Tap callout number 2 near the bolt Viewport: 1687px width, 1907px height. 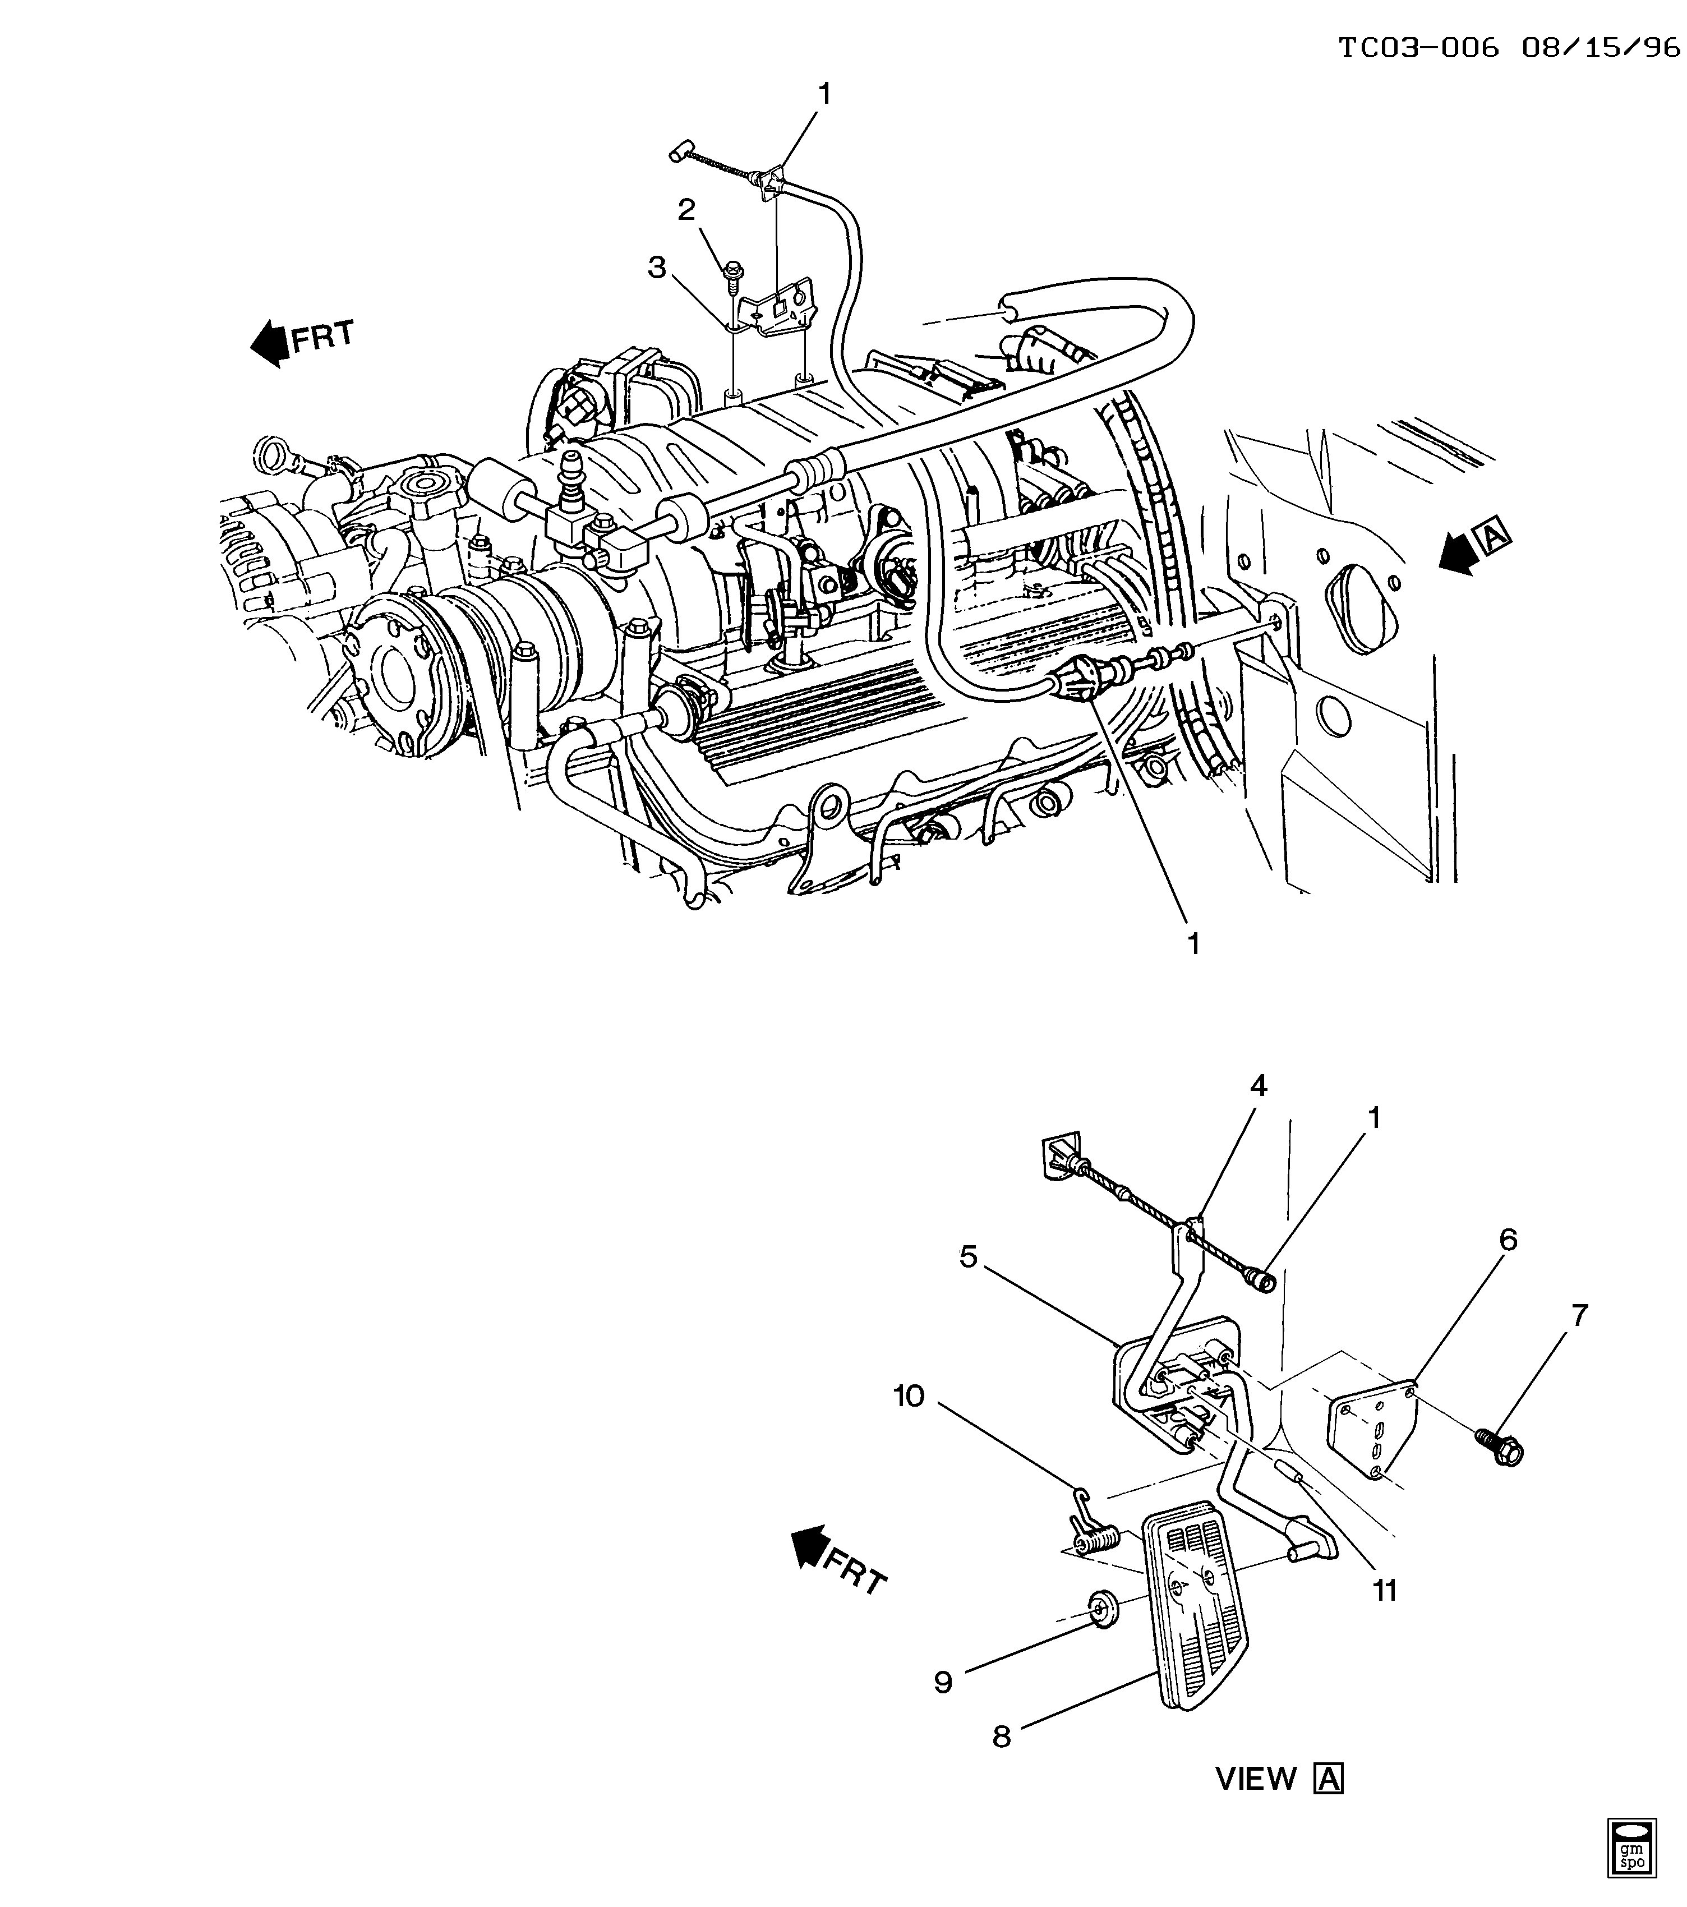pos(686,210)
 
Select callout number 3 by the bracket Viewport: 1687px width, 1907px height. pos(658,268)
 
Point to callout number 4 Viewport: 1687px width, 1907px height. pos(1259,1085)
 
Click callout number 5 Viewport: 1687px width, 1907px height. pos(969,1257)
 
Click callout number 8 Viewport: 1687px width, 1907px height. pos(1001,1736)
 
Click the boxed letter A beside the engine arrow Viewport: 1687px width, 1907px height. pos(1493,535)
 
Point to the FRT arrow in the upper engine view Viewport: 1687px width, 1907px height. pos(301,342)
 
